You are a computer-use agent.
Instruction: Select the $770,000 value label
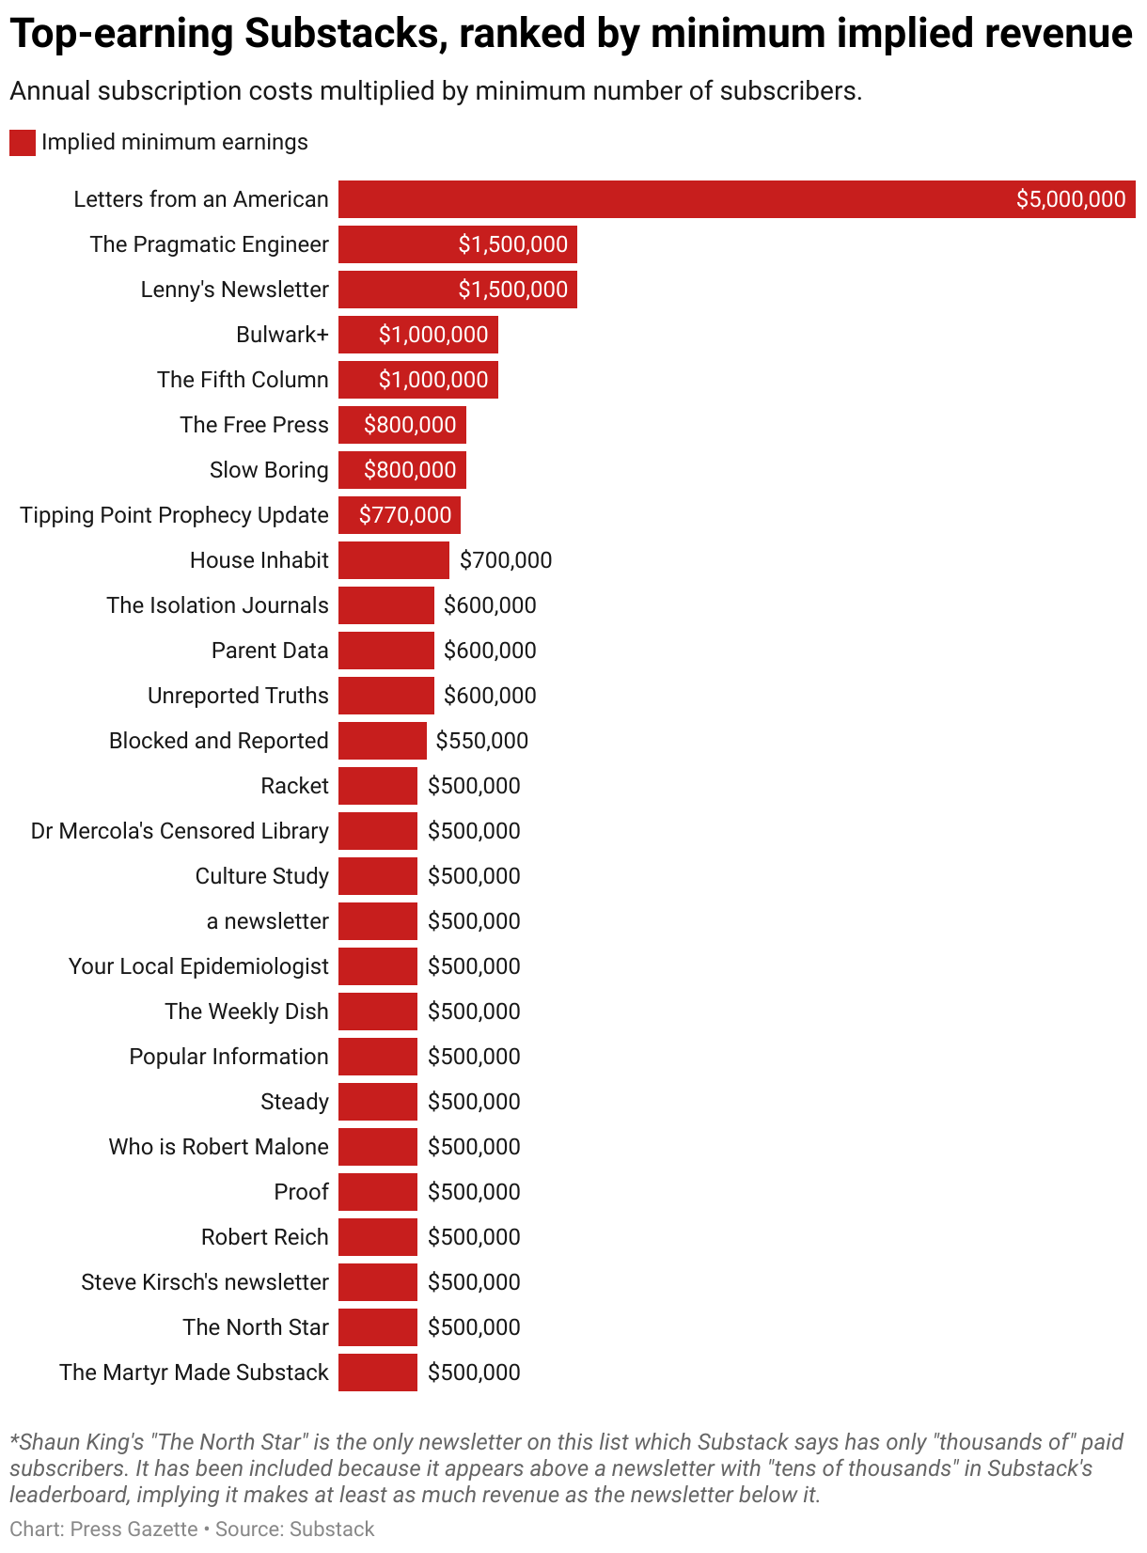click(x=405, y=515)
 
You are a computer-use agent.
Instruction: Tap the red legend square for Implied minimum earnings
click(x=23, y=143)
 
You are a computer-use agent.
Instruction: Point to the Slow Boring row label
click(x=269, y=470)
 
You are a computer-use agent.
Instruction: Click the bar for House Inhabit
click(x=393, y=560)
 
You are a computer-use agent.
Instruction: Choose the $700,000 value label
click(x=506, y=560)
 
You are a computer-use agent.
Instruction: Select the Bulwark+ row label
click(x=282, y=335)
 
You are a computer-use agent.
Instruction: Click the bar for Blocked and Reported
click(x=382, y=741)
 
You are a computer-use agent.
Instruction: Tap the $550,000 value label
click(x=482, y=741)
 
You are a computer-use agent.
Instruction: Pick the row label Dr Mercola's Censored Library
click(x=180, y=831)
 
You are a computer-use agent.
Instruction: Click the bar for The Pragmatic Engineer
click(x=457, y=244)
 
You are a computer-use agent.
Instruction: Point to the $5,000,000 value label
click(x=1070, y=199)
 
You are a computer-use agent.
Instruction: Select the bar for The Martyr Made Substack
click(x=377, y=1373)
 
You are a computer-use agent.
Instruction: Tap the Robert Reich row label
click(x=265, y=1237)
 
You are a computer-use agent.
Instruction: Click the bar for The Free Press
click(x=401, y=425)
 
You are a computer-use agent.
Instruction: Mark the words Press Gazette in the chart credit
click(x=134, y=1529)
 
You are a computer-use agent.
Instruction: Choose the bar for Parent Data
click(x=385, y=651)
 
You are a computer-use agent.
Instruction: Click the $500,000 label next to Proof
click(x=474, y=1192)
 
